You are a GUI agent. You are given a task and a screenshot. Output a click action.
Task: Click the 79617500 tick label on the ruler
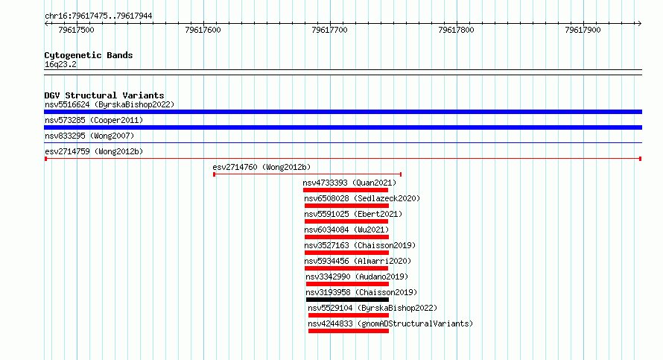76,30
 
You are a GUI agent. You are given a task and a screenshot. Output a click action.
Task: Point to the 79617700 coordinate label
329,30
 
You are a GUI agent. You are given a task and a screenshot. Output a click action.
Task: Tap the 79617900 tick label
583,30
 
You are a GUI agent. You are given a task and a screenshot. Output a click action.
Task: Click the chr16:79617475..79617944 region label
98,16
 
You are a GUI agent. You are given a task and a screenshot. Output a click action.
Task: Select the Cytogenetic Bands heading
89,55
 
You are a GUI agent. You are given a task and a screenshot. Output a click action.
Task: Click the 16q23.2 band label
60,64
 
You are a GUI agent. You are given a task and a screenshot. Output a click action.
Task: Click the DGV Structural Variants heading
104,95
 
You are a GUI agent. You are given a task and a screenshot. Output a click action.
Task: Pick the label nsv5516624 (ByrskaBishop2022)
110,104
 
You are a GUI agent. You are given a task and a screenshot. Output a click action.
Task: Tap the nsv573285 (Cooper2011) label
94,120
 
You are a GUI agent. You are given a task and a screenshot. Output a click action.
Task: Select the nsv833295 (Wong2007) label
89,136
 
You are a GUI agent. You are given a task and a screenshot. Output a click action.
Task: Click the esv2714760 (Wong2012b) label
261,167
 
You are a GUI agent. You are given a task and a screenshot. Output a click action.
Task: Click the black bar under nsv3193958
347,300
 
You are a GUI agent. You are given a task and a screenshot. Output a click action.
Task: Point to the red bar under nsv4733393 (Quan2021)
346,190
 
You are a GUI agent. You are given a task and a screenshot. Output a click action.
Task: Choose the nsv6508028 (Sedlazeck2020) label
362,198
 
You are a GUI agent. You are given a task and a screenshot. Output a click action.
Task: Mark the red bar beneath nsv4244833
349,331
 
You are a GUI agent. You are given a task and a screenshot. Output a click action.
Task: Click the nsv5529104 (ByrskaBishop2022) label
372,308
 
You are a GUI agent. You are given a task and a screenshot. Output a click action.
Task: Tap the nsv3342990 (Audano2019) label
357,277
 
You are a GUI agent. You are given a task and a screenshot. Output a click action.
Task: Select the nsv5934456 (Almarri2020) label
358,261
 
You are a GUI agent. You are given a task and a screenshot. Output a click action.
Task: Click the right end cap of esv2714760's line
401,174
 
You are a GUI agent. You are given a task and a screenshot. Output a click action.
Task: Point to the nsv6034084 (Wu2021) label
346,230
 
